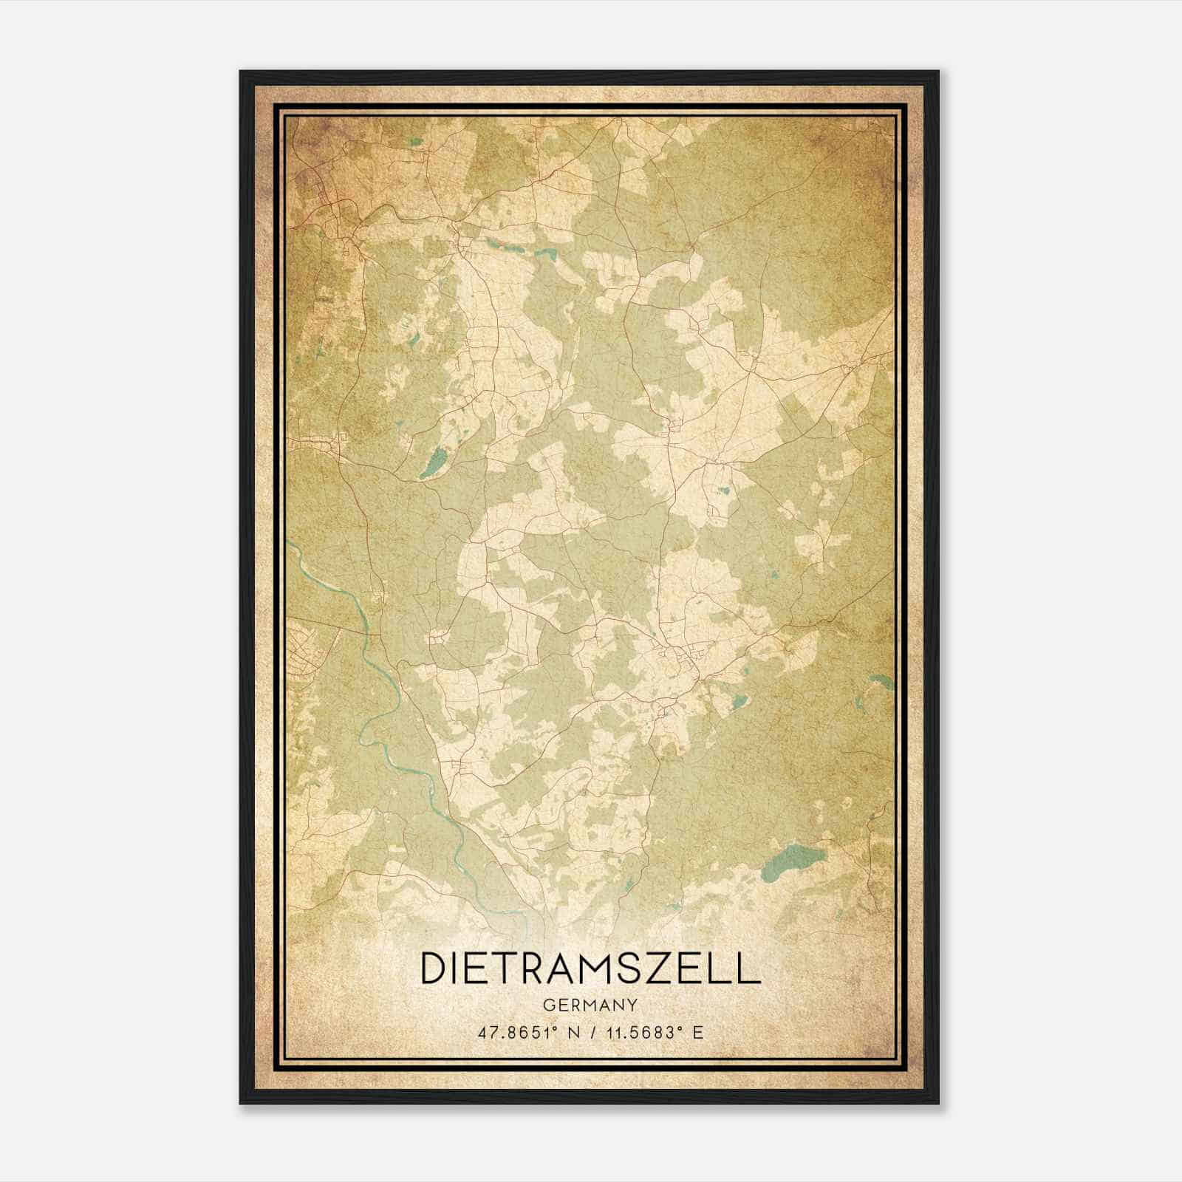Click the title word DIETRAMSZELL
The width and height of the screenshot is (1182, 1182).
(590, 968)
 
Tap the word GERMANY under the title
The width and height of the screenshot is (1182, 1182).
(590, 1005)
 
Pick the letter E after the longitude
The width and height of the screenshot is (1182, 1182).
(698, 1032)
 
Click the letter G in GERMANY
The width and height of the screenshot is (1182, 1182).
(548, 1005)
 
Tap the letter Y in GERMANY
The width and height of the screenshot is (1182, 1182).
(633, 1005)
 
